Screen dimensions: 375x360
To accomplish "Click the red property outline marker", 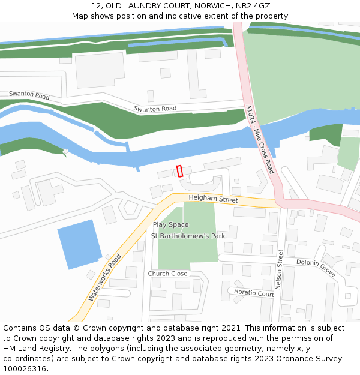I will [x=179, y=171].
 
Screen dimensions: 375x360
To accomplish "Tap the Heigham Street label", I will [x=213, y=199].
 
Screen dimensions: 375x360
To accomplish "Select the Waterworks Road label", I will [x=105, y=277].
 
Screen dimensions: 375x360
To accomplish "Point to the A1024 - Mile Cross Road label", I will [x=259, y=140].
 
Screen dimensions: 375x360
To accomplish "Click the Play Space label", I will [x=170, y=225].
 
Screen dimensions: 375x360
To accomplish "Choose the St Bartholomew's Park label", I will [x=188, y=236].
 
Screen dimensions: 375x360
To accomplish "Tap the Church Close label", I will [x=167, y=274].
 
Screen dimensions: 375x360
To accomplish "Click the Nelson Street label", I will [x=279, y=270].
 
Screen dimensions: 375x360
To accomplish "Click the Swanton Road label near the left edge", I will [x=29, y=95].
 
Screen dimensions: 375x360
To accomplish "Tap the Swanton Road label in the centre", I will [x=155, y=109].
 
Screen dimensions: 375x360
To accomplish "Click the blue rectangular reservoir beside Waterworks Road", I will [x=79, y=244].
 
